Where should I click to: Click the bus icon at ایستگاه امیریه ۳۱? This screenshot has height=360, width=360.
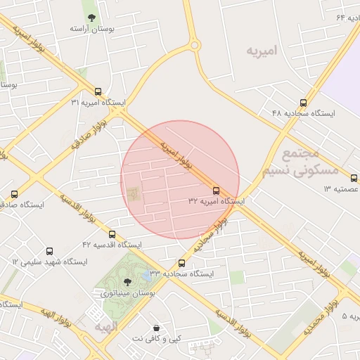pyautogui.click(x=98, y=91)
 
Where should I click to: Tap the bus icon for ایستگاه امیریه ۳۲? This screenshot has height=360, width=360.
pyautogui.click(x=216, y=190)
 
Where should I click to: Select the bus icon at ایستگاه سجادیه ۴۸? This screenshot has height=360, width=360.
pyautogui.click(x=303, y=103)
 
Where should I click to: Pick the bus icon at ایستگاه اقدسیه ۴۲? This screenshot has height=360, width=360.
pyautogui.click(x=112, y=234)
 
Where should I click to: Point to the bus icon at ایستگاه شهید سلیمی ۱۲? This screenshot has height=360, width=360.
pyautogui.click(x=49, y=251)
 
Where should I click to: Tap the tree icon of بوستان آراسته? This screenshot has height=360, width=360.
pyautogui.click(x=91, y=18)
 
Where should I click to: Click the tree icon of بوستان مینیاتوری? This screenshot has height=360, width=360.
pyautogui.click(x=127, y=281)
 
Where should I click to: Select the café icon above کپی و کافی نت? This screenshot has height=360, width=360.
pyautogui.click(x=156, y=328)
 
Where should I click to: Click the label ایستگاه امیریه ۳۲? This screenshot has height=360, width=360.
pyautogui.click(x=217, y=201)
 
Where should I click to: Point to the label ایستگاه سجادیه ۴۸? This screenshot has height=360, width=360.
pyautogui.click(x=304, y=113)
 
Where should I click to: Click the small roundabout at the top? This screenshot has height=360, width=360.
pyautogui.click(x=195, y=46)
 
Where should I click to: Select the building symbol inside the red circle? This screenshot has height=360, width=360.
pyautogui.click(x=133, y=192)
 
